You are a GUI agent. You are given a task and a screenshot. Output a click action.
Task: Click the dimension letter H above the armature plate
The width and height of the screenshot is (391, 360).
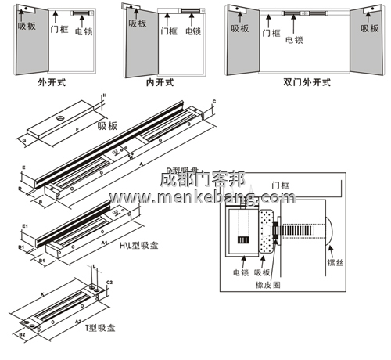105,95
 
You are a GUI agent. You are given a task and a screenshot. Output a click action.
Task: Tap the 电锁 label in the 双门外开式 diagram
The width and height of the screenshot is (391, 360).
294,40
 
